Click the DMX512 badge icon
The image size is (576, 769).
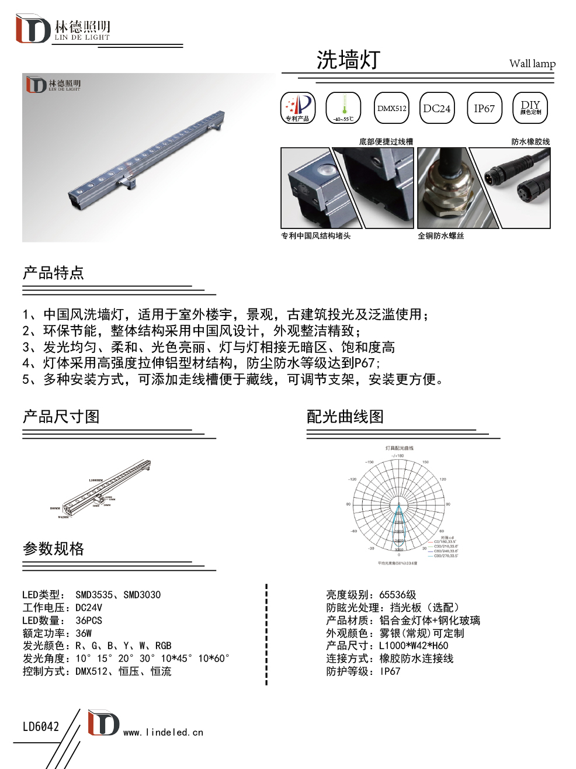391,108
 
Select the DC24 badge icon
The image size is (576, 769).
437,108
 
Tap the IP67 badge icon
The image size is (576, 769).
484,108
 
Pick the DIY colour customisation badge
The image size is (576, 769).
530,108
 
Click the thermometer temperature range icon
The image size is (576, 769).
343,108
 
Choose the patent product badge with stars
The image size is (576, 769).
298,108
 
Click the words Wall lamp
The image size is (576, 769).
532,64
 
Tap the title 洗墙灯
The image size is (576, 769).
348,60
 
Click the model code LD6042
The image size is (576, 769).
41,727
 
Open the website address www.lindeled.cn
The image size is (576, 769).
163,732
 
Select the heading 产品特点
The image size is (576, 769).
53,273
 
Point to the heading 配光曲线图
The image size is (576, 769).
345,417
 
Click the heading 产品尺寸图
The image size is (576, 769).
61,417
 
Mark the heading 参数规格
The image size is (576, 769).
53,549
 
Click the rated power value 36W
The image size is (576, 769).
84,633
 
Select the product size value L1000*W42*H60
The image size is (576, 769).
414,646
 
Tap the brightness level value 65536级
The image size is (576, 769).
398,595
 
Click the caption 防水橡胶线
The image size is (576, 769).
530,141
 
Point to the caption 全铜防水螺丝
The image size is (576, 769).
441,236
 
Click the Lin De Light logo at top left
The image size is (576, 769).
63,29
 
